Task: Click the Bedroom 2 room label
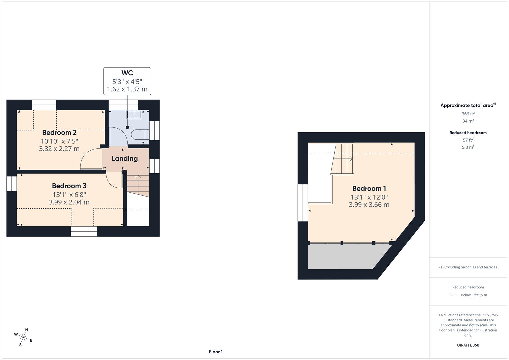[59, 133]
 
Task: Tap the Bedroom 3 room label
[69, 186]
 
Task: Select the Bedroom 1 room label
[369, 189]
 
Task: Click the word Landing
[125, 159]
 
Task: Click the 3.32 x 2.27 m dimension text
[59, 149]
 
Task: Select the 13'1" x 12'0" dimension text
[369, 197]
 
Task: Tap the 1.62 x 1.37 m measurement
[127, 89]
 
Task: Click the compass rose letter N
[27, 330]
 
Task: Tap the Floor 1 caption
[216, 352]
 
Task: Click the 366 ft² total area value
[468, 114]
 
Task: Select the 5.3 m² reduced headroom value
[468, 147]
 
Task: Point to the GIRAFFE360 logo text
[468, 345]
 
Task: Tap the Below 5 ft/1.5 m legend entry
[474, 295]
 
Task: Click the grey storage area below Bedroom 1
[343, 257]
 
